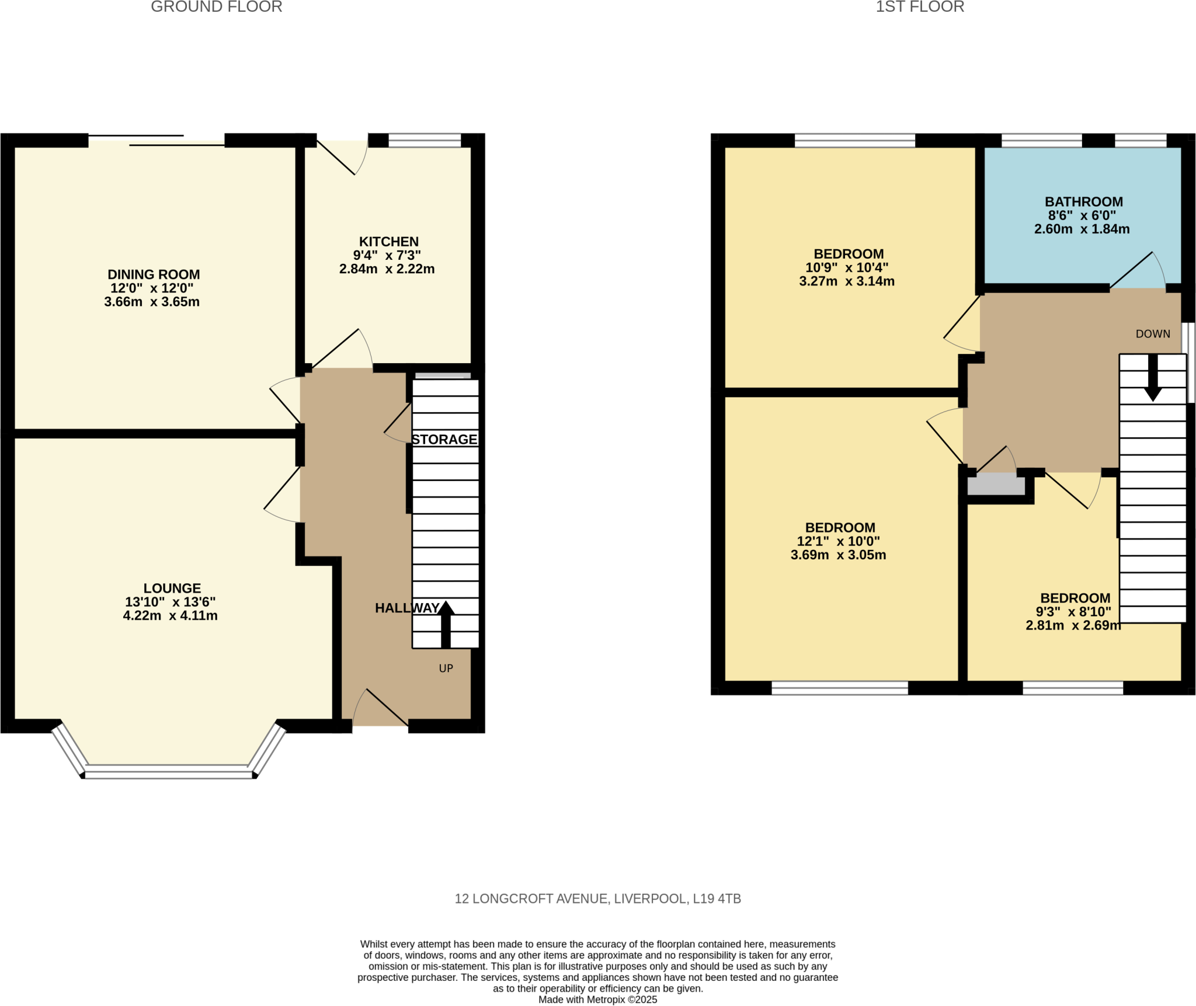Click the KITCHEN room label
click(x=388, y=241)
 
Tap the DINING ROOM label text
click(x=154, y=274)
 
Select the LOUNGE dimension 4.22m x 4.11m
click(x=170, y=615)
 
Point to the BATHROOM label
click(x=1083, y=201)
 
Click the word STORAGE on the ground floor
click(x=444, y=439)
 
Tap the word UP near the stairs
click(x=446, y=668)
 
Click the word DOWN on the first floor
click(x=1152, y=333)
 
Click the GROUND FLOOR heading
click(x=216, y=7)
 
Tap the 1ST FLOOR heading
click(x=919, y=7)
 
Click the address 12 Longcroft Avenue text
click(x=597, y=899)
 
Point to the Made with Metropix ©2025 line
click(x=597, y=1000)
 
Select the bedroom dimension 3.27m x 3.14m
click(x=846, y=281)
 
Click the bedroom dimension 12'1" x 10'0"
click(x=838, y=541)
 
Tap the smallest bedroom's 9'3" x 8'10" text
click(x=1073, y=611)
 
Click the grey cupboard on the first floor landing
click(x=996, y=485)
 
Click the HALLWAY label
click(x=406, y=608)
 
